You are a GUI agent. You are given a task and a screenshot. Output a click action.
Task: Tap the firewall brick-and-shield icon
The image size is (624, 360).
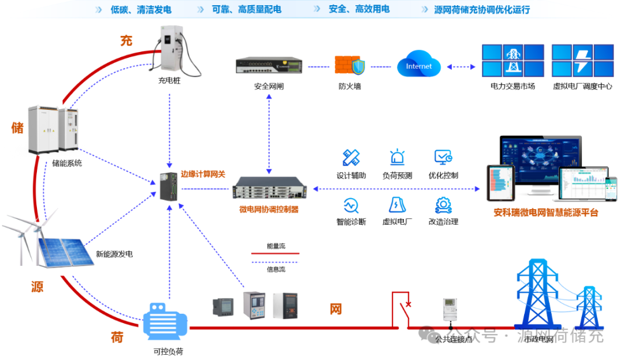click(350, 66)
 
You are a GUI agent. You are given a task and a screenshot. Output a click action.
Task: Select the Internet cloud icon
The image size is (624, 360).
click(419, 65)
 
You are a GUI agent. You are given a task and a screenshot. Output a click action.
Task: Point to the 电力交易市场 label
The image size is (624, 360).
click(512, 86)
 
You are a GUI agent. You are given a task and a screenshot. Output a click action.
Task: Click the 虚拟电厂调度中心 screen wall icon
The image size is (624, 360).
click(582, 61)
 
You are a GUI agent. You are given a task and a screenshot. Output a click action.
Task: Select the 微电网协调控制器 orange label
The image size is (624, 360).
click(269, 210)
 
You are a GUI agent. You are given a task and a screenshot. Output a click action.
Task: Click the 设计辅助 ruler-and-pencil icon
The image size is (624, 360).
click(351, 158)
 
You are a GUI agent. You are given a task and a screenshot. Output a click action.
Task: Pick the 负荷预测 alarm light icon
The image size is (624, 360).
click(397, 158)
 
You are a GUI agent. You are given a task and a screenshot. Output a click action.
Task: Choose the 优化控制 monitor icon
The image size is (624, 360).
click(443, 158)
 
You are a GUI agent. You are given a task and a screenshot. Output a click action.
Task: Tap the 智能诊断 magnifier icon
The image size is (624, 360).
click(351, 205)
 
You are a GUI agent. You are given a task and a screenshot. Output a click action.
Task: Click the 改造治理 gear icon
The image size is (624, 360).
click(443, 205)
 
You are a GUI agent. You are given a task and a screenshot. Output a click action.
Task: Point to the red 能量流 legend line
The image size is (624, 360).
click(276, 253)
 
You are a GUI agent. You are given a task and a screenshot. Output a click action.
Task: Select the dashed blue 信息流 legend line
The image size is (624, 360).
click(276, 262)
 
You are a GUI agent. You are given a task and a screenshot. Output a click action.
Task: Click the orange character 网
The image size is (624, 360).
click(336, 309)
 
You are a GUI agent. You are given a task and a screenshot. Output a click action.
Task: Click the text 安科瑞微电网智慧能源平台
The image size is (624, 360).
click(546, 213)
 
